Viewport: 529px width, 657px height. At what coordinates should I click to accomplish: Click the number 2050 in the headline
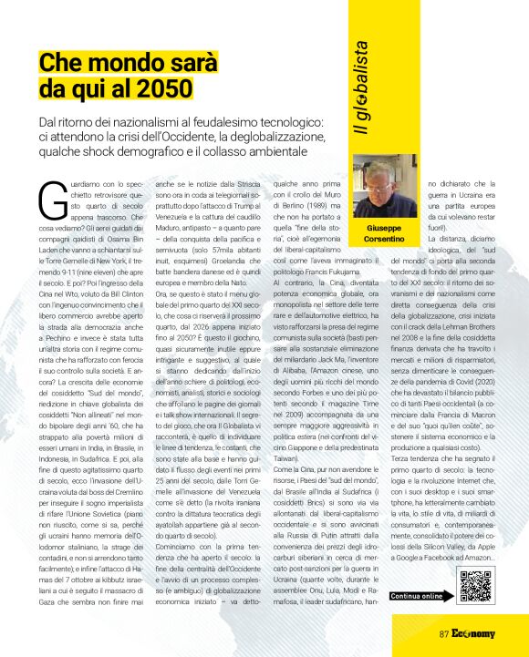click(164, 88)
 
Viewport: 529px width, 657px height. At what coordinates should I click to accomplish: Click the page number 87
click(445, 633)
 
